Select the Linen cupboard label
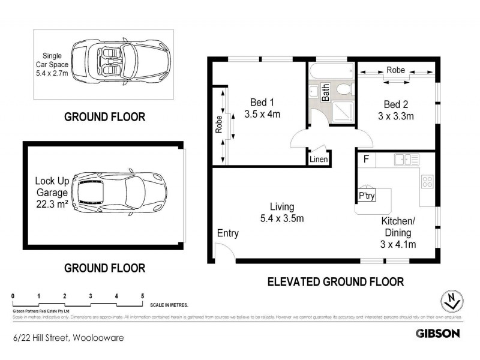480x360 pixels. point(318,160)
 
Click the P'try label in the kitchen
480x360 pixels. point(366,196)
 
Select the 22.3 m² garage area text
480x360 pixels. point(50,204)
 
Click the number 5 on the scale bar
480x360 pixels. point(142,296)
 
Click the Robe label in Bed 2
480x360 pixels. point(395,70)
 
